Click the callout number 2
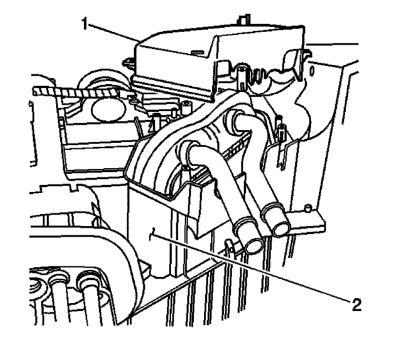(356, 305)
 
